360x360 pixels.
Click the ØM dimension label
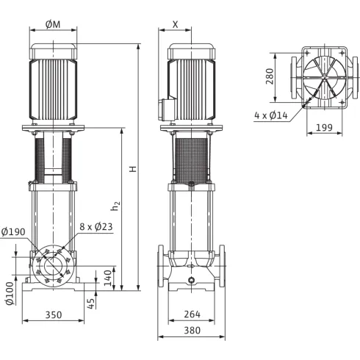(x=53, y=24)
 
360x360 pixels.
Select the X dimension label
(x=175, y=24)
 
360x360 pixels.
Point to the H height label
(x=133, y=168)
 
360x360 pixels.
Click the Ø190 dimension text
(x=15, y=232)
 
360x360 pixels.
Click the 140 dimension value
(x=107, y=277)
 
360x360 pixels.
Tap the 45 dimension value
(x=92, y=303)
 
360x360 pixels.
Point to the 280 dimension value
(x=270, y=76)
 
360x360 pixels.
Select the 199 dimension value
(x=324, y=129)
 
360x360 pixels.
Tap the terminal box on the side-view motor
(x=162, y=107)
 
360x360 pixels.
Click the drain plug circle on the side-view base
(x=191, y=280)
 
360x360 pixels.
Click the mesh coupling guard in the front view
(x=53, y=157)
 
